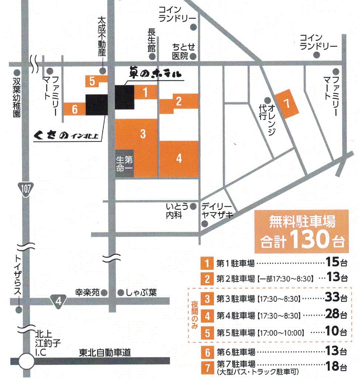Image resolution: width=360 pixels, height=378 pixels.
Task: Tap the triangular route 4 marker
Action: [58, 302]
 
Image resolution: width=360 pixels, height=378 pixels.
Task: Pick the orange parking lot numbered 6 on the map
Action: [75, 109]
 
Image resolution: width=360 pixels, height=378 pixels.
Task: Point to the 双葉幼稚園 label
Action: [16, 97]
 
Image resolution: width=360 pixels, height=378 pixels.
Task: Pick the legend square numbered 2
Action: [207, 279]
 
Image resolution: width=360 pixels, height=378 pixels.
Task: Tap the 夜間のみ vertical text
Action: [195, 315]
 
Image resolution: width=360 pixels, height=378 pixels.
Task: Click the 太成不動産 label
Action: [102, 36]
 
